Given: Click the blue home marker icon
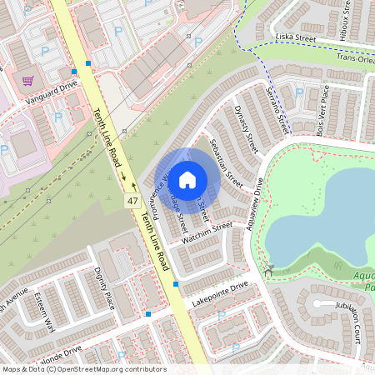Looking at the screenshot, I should (x=187, y=179).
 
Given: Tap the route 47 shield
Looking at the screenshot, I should (x=132, y=202).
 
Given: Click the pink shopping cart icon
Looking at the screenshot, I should (x=28, y=81).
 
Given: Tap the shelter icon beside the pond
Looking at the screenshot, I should (x=269, y=270).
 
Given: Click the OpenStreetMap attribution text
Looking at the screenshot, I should (x=83, y=369).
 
